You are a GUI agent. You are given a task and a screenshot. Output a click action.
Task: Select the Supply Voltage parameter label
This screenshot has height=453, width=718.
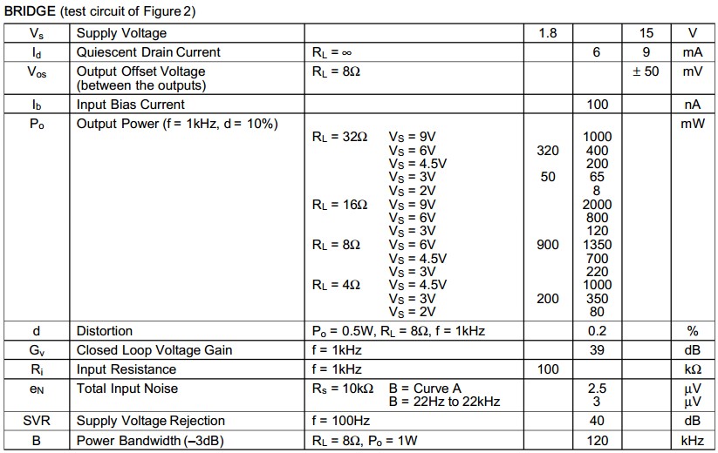(121, 33)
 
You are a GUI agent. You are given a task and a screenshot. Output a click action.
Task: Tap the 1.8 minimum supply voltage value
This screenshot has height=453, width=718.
(547, 33)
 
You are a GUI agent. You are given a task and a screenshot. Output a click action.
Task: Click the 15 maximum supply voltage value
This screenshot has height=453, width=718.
(646, 33)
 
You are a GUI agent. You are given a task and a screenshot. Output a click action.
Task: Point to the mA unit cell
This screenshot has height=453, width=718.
(693, 52)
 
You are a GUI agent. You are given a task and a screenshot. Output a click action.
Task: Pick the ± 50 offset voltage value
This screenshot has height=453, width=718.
(646, 71)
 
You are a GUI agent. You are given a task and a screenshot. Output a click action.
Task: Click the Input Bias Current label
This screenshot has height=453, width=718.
(131, 105)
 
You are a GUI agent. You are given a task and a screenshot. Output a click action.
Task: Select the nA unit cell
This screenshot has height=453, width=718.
(693, 105)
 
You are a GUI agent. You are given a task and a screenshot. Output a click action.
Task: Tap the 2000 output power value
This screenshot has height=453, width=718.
(598, 205)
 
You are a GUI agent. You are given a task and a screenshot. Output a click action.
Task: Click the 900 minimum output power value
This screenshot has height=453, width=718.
(548, 245)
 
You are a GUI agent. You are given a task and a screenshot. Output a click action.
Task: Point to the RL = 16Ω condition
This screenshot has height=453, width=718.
(339, 205)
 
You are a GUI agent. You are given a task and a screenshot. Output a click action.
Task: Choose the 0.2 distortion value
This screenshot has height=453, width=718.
(598, 331)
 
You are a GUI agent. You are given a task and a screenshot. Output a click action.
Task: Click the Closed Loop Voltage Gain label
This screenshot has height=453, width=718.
(154, 350)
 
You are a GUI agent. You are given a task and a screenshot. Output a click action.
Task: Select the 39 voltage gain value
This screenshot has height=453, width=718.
(598, 350)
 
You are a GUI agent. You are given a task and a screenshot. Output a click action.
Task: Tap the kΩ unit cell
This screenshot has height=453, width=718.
(693, 369)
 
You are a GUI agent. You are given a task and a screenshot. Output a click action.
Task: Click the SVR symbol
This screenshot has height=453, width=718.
(37, 421)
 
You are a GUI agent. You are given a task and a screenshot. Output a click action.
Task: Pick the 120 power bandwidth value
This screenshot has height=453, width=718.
(598, 441)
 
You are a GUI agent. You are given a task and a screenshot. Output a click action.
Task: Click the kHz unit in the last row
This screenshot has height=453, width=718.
(693, 441)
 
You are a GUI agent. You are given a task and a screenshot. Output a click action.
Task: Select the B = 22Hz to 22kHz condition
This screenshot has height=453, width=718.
(445, 402)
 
